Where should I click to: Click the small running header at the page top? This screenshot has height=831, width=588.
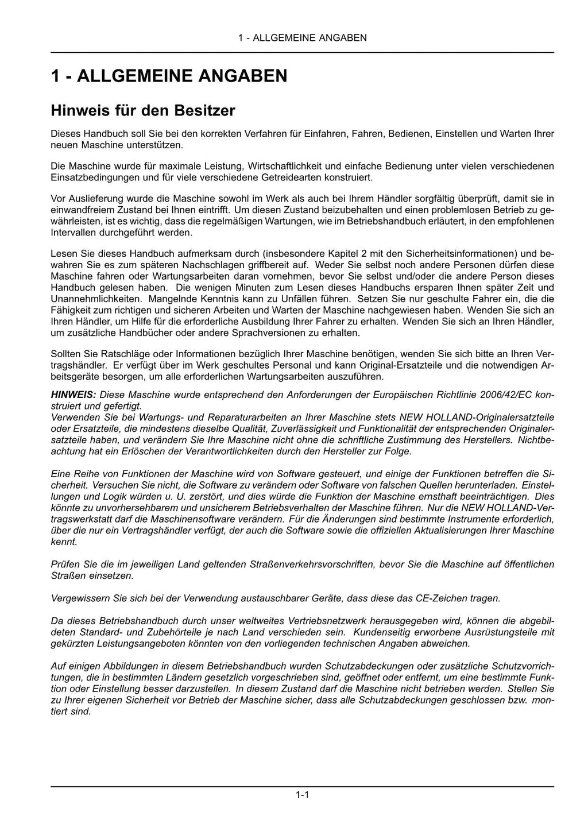click(x=302, y=38)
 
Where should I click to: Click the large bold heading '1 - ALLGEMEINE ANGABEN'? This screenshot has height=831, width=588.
click(x=169, y=76)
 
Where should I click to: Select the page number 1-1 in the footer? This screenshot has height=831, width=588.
click(x=303, y=795)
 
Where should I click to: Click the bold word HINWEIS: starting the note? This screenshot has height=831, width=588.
click(x=73, y=395)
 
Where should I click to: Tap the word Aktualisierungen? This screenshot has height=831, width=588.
click(x=447, y=530)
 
